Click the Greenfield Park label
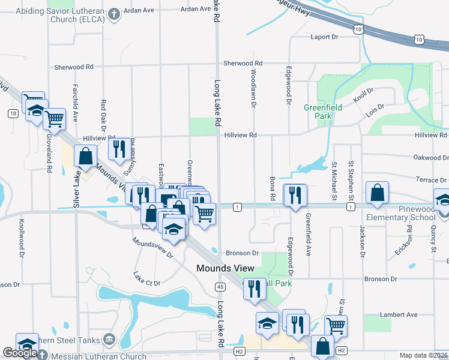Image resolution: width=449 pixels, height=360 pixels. (318, 111)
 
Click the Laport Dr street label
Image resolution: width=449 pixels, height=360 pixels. (325, 37)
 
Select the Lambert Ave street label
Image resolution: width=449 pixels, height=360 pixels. (399, 314)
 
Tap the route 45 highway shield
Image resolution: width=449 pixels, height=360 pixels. (221, 287)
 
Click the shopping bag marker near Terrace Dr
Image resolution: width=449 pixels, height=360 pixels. (377, 193)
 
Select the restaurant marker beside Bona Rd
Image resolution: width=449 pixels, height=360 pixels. (295, 196)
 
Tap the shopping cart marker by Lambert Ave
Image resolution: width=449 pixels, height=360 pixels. (336, 326)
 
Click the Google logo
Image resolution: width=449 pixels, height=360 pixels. (20, 353)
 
